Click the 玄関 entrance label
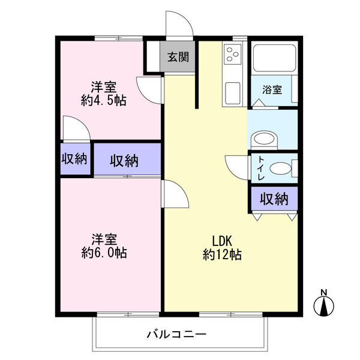coord(178,58)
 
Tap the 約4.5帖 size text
coord(104,101)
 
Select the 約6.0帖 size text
coord(104,253)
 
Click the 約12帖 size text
coord(222,255)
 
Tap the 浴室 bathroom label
coord(272,90)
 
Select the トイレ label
coord(262,168)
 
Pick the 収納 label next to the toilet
coord(274,199)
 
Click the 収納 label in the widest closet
coord(125,160)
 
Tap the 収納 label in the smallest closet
coord(74,160)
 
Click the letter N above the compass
coord(323,293)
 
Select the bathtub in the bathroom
coord(274,59)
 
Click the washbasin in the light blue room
coord(264,139)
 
